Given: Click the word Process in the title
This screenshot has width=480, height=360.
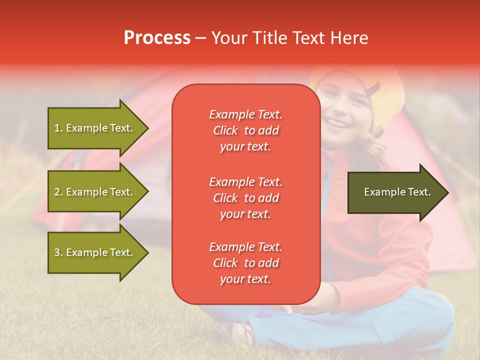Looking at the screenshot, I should point(157,38).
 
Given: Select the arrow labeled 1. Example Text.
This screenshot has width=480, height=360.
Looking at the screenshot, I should point(95,128).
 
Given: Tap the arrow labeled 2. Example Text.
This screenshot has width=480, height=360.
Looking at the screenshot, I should point(95,192).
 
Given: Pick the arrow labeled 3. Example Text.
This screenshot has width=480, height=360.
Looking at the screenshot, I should point(95,252).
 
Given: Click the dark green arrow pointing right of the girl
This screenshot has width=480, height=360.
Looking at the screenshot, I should point(395,192).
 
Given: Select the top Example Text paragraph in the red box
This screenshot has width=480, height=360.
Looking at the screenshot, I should point(245,130).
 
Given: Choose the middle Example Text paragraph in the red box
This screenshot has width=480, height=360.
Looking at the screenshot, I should point(245,198).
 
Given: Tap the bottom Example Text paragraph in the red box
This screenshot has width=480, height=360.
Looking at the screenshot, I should point(245,263).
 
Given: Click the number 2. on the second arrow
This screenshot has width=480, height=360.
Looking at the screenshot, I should point(58,192).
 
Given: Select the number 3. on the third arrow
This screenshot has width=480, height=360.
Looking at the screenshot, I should point(58,252).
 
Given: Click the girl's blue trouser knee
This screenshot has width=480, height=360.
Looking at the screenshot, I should point(425,315).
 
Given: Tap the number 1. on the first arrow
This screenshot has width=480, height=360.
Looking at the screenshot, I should point(58,128).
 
